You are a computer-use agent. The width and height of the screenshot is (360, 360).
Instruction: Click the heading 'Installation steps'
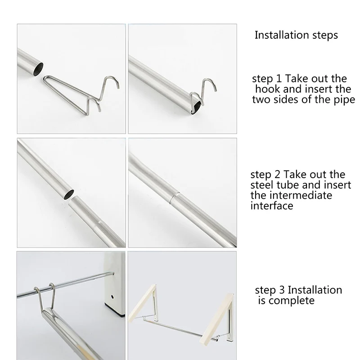(x=296, y=35)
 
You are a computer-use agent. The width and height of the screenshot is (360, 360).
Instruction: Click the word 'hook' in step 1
(x=267, y=89)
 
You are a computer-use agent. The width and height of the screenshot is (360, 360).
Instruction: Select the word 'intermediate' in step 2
(x=301, y=195)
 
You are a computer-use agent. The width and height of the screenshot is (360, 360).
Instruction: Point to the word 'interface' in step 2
(x=272, y=206)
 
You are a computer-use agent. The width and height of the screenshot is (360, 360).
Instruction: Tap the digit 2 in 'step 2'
(x=277, y=175)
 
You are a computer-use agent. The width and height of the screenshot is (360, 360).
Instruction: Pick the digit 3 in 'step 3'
(x=282, y=290)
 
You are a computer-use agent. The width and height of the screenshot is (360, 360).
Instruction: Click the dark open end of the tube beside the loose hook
(x=38, y=69)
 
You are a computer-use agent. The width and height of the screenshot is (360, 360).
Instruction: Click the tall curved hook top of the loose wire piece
(x=112, y=80)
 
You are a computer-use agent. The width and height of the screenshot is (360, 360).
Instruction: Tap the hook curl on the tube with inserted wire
(x=209, y=83)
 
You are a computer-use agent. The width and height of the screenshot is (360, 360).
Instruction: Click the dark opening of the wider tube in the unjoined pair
(x=68, y=194)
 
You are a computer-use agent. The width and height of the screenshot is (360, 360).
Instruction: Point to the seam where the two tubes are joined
(x=171, y=198)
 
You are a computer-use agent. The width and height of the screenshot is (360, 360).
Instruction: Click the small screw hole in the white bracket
(x=112, y=297)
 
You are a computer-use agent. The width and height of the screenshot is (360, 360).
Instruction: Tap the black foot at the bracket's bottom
(x=115, y=308)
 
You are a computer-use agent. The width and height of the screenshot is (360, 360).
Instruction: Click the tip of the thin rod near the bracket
(x=113, y=273)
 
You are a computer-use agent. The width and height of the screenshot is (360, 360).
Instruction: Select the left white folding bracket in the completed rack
(x=144, y=302)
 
